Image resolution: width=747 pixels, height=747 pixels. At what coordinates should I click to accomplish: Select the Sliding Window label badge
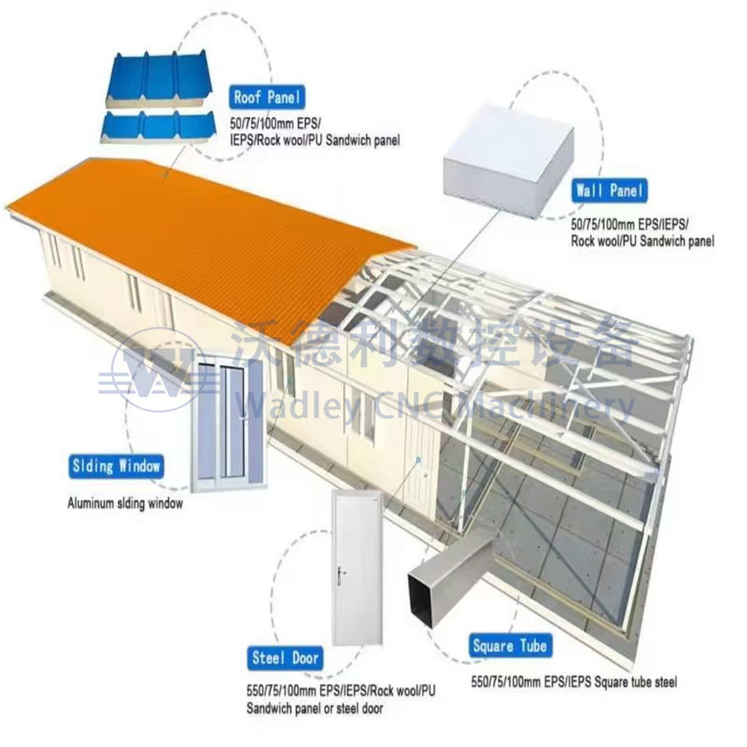tap(115, 467)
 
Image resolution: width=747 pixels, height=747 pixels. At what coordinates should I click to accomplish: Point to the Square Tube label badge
tap(510, 646)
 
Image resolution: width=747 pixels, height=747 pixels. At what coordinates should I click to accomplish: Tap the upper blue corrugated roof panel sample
tap(160, 79)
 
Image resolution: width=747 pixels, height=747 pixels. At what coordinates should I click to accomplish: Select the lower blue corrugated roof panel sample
tap(160, 125)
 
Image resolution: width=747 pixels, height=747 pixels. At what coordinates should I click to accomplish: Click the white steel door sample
tap(356, 568)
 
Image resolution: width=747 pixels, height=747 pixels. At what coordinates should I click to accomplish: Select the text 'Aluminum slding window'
tap(125, 503)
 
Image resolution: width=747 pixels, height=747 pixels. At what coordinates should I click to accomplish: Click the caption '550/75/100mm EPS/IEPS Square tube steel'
tap(573, 682)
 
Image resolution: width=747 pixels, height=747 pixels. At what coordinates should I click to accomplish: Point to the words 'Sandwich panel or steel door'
tap(314, 708)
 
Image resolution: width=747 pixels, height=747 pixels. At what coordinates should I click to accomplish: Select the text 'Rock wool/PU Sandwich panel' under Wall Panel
tap(642, 241)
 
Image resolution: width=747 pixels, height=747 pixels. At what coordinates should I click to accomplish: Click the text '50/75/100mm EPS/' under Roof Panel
tap(275, 124)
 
